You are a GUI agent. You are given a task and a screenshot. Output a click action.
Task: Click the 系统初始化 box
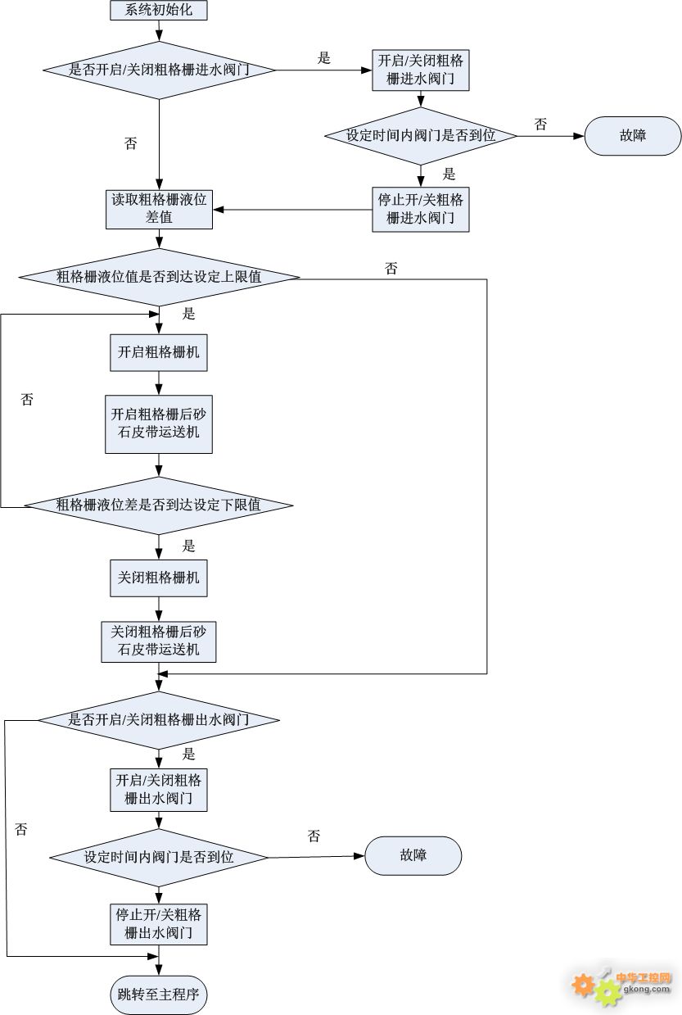(x=159, y=10)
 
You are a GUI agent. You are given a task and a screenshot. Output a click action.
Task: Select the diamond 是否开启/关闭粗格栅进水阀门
(x=159, y=70)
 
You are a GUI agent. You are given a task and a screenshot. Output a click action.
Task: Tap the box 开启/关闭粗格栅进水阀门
(x=421, y=70)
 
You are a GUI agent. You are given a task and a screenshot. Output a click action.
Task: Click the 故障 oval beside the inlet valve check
(x=633, y=135)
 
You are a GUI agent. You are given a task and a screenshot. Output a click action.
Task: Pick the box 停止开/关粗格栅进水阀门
(x=421, y=209)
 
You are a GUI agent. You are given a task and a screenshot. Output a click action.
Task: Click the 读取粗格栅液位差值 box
(x=159, y=208)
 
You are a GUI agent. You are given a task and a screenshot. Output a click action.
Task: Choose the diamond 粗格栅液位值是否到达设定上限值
(x=159, y=277)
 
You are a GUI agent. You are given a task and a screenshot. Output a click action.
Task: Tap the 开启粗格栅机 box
(x=159, y=352)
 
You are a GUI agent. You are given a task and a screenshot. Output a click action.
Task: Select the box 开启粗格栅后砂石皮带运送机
(x=159, y=424)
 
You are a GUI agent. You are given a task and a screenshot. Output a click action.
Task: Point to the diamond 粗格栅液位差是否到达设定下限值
(x=159, y=505)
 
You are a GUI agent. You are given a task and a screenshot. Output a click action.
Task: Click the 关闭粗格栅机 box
(x=159, y=578)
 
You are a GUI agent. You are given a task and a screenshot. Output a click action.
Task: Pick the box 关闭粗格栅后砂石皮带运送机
(x=159, y=641)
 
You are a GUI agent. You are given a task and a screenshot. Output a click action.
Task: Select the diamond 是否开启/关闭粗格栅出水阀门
(x=159, y=720)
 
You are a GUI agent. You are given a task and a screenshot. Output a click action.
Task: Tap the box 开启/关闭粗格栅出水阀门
(x=159, y=788)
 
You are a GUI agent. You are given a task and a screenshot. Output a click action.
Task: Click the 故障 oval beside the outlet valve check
(x=413, y=855)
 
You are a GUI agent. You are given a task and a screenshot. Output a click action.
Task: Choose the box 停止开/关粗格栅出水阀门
(x=159, y=923)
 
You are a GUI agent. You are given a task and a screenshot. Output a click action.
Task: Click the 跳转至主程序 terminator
(x=159, y=995)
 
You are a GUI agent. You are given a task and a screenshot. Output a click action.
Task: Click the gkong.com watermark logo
(x=622, y=984)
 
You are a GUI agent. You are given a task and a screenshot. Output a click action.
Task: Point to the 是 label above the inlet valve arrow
(x=324, y=57)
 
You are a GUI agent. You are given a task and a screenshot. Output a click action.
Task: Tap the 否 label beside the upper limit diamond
(x=391, y=268)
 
